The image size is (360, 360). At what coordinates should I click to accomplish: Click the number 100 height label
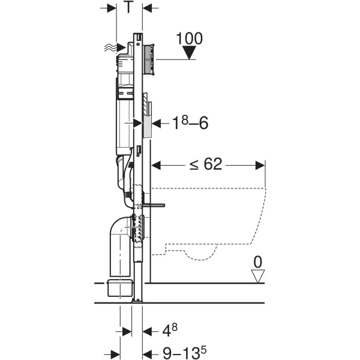click(190, 38)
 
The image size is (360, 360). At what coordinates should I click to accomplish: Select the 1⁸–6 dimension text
click(190, 123)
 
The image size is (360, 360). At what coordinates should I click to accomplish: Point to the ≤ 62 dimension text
click(206, 164)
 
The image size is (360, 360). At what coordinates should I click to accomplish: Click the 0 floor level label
click(258, 262)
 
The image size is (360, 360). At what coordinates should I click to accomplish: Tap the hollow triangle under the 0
click(258, 276)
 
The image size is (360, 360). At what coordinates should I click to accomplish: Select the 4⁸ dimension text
click(170, 330)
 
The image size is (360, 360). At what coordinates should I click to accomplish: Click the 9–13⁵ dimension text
click(185, 353)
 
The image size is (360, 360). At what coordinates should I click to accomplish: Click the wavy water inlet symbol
click(110, 47)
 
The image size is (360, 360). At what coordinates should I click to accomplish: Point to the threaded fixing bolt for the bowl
click(154, 205)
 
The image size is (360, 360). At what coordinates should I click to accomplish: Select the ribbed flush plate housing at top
click(149, 59)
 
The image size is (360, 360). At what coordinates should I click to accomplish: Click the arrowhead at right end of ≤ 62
click(260, 166)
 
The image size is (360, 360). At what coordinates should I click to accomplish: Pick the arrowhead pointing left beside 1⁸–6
click(156, 124)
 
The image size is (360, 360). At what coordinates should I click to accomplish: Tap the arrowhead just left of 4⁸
click(147, 332)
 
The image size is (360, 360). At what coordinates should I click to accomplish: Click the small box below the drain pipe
click(121, 288)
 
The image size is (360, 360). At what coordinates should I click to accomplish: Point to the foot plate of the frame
click(137, 301)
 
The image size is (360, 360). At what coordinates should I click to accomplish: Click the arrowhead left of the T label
click(112, 8)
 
